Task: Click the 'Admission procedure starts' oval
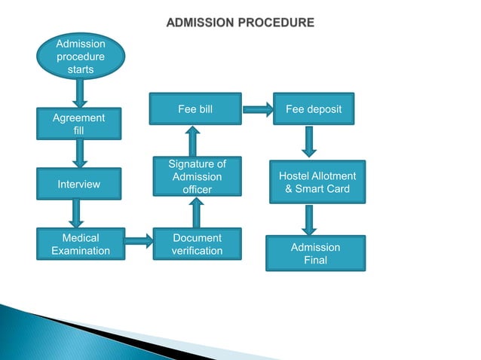[x=81, y=57]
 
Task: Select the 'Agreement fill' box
[x=79, y=124]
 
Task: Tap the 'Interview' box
[x=79, y=185]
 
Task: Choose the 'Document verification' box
[x=197, y=244]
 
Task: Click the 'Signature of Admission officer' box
[x=197, y=177]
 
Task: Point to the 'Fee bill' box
[x=195, y=109]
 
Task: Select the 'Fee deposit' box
[x=314, y=109]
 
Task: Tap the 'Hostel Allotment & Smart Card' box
[x=317, y=182]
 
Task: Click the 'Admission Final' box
[x=315, y=254]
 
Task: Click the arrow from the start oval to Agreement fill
[x=81, y=94]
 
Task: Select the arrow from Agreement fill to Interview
[x=79, y=154]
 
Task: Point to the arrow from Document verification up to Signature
[x=197, y=214]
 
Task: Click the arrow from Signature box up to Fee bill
[x=192, y=141]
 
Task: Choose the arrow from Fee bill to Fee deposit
[x=258, y=110]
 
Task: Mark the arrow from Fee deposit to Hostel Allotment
[x=310, y=142]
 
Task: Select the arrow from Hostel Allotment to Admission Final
[x=310, y=219]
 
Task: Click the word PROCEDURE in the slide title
[x=277, y=23]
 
